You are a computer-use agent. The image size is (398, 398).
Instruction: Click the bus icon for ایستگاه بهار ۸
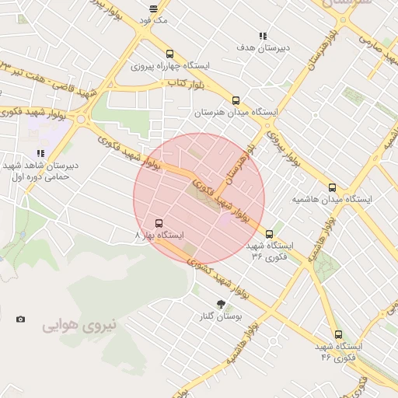[159, 223]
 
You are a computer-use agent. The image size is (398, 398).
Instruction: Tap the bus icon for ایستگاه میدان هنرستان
[236, 99]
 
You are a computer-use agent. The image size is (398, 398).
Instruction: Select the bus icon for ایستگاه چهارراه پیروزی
[170, 54]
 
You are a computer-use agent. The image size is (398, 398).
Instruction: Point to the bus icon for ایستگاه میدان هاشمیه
[332, 187]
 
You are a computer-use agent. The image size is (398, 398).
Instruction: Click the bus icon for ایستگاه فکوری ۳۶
[270, 233]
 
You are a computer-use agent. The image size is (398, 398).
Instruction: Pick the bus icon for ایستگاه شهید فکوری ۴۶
[337, 333]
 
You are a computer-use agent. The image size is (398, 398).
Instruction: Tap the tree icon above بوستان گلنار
[221, 304]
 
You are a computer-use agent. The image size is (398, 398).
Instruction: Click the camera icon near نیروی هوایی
[20, 319]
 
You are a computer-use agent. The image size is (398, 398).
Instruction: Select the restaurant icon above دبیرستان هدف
[264, 36]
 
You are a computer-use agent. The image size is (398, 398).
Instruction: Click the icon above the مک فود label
[153, 8]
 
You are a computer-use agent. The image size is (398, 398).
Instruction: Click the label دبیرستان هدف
[264, 48]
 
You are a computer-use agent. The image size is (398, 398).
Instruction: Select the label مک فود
[155, 19]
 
